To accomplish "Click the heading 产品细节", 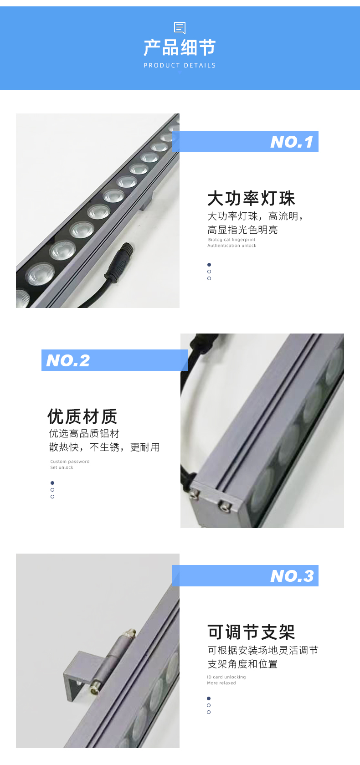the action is [180, 47].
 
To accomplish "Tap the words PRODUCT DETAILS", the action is [180, 65].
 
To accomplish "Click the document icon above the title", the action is [180, 28].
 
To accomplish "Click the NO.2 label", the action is [68, 360].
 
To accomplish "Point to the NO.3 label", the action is [292, 576].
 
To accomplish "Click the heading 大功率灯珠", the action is [251, 198].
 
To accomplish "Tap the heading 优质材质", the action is [82, 416].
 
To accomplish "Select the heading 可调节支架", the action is [251, 632].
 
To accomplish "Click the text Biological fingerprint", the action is [231, 240].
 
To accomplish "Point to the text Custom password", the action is [70, 462].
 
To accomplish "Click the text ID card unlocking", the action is [226, 677].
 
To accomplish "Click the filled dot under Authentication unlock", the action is [209, 265].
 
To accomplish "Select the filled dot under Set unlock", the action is [52, 483].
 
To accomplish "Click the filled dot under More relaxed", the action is [209, 698].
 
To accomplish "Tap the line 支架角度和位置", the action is [242, 664].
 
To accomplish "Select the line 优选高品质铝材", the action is [84, 433].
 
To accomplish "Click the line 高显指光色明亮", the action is [242, 230].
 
